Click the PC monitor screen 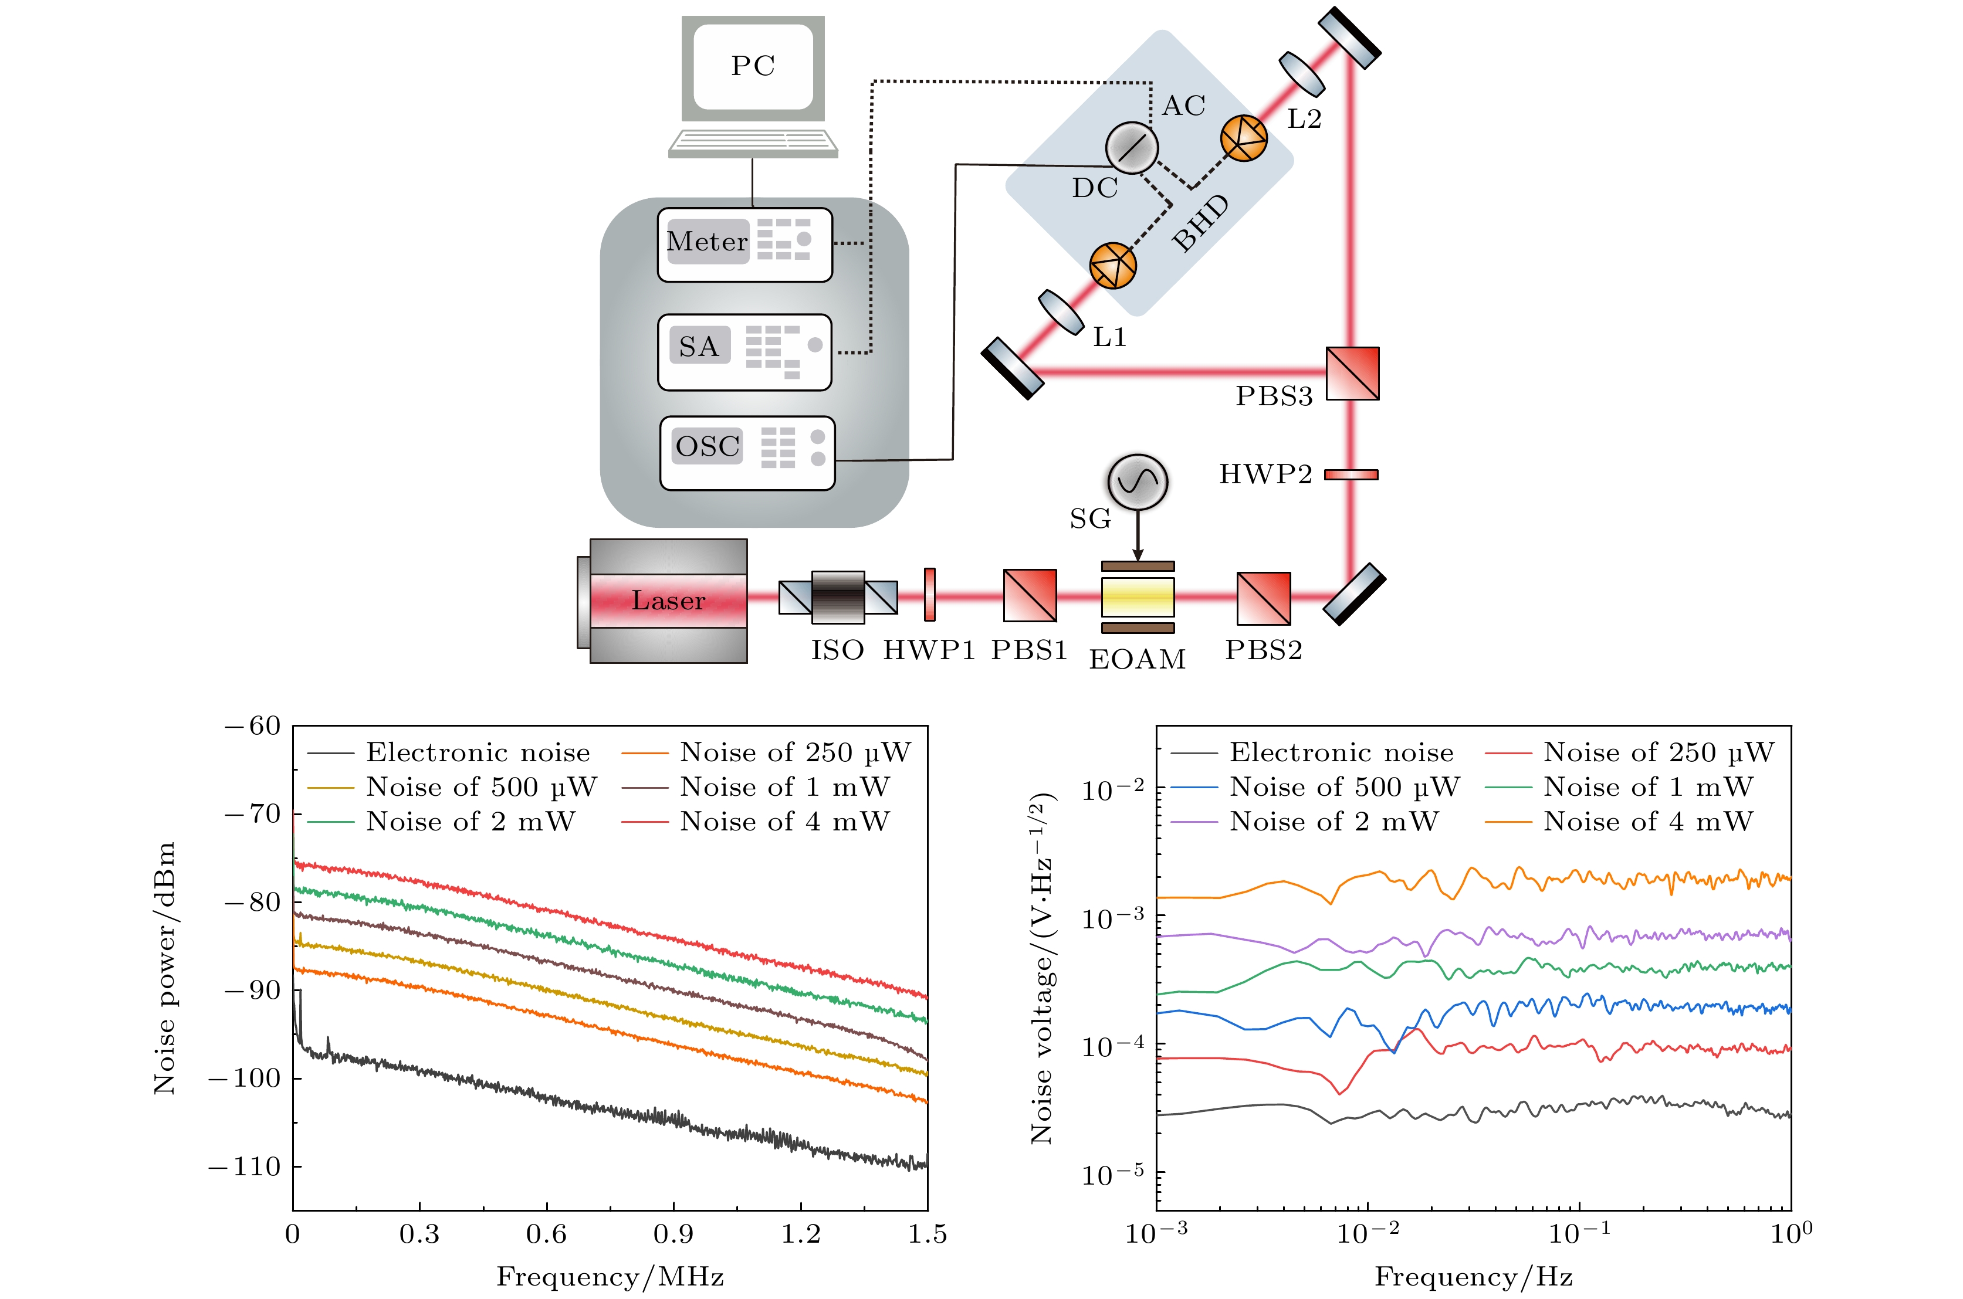752,66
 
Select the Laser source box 668,601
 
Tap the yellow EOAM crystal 1137,596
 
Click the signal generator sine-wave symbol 1138,481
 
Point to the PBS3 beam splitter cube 1352,374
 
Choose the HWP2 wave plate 1351,474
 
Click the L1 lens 1061,311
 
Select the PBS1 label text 1029,650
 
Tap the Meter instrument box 744,245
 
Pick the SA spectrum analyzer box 744,351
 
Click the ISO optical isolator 838,596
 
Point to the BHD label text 1201,223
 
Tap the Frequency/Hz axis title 1473,1277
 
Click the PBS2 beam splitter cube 1263,598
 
